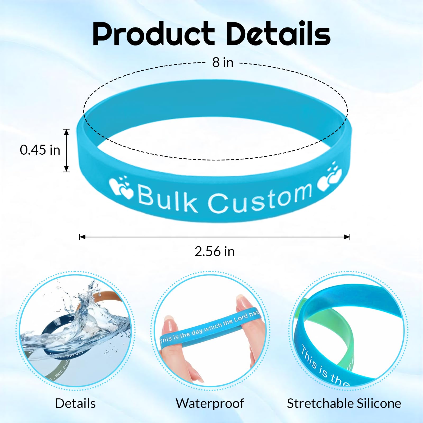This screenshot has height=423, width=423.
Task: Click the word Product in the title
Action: tap(153, 34)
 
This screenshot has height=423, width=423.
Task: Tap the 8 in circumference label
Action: tap(223, 63)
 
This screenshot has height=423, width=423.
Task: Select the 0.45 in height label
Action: tap(40, 150)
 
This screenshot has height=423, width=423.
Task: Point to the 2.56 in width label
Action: tap(215, 251)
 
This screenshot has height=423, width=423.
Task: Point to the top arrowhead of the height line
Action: tap(67, 131)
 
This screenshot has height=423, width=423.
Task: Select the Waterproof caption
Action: tap(210, 404)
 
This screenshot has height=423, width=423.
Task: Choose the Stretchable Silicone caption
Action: tap(344, 404)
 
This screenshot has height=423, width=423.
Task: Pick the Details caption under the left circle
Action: tap(75, 404)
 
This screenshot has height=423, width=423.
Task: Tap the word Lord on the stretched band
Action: tap(241, 319)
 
